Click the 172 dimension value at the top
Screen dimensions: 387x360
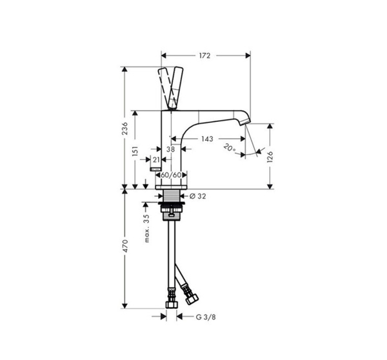coord(204,55)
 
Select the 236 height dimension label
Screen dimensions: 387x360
coord(125,128)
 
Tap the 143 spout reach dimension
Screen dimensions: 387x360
coord(207,139)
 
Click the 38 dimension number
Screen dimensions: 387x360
coord(170,149)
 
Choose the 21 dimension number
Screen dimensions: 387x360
coord(156,160)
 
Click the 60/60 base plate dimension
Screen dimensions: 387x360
coord(171,175)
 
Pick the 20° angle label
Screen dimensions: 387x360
coord(229,148)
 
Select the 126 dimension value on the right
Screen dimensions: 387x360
coord(270,157)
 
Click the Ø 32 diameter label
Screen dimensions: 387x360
coord(197,196)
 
